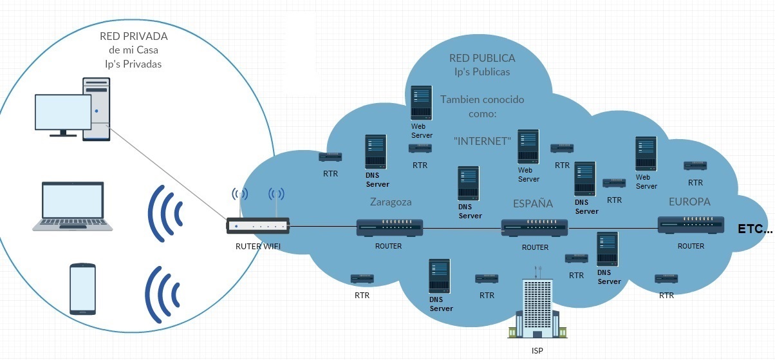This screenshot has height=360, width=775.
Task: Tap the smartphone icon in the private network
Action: coord(82,289)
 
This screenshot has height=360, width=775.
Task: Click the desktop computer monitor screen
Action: coord(62,113)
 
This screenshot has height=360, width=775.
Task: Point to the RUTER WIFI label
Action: coord(257,245)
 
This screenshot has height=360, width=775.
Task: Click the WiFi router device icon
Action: coord(257,225)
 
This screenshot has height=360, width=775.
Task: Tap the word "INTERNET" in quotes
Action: coord(482,140)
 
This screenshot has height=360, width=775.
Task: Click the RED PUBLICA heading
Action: coord(482,58)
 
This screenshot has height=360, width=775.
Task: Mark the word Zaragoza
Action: coord(391,202)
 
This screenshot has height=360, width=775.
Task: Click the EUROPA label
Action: coord(689,202)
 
